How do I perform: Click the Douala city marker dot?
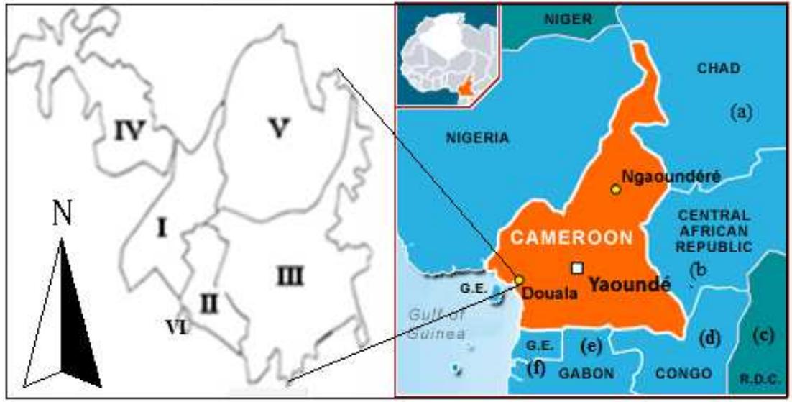(x=519, y=280)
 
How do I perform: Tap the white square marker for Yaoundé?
(x=577, y=268)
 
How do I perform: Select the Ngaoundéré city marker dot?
(x=615, y=189)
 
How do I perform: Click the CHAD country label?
(x=718, y=68)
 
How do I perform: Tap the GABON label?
(x=588, y=373)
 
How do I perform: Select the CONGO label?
(x=683, y=373)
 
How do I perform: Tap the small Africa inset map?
(x=446, y=55)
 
